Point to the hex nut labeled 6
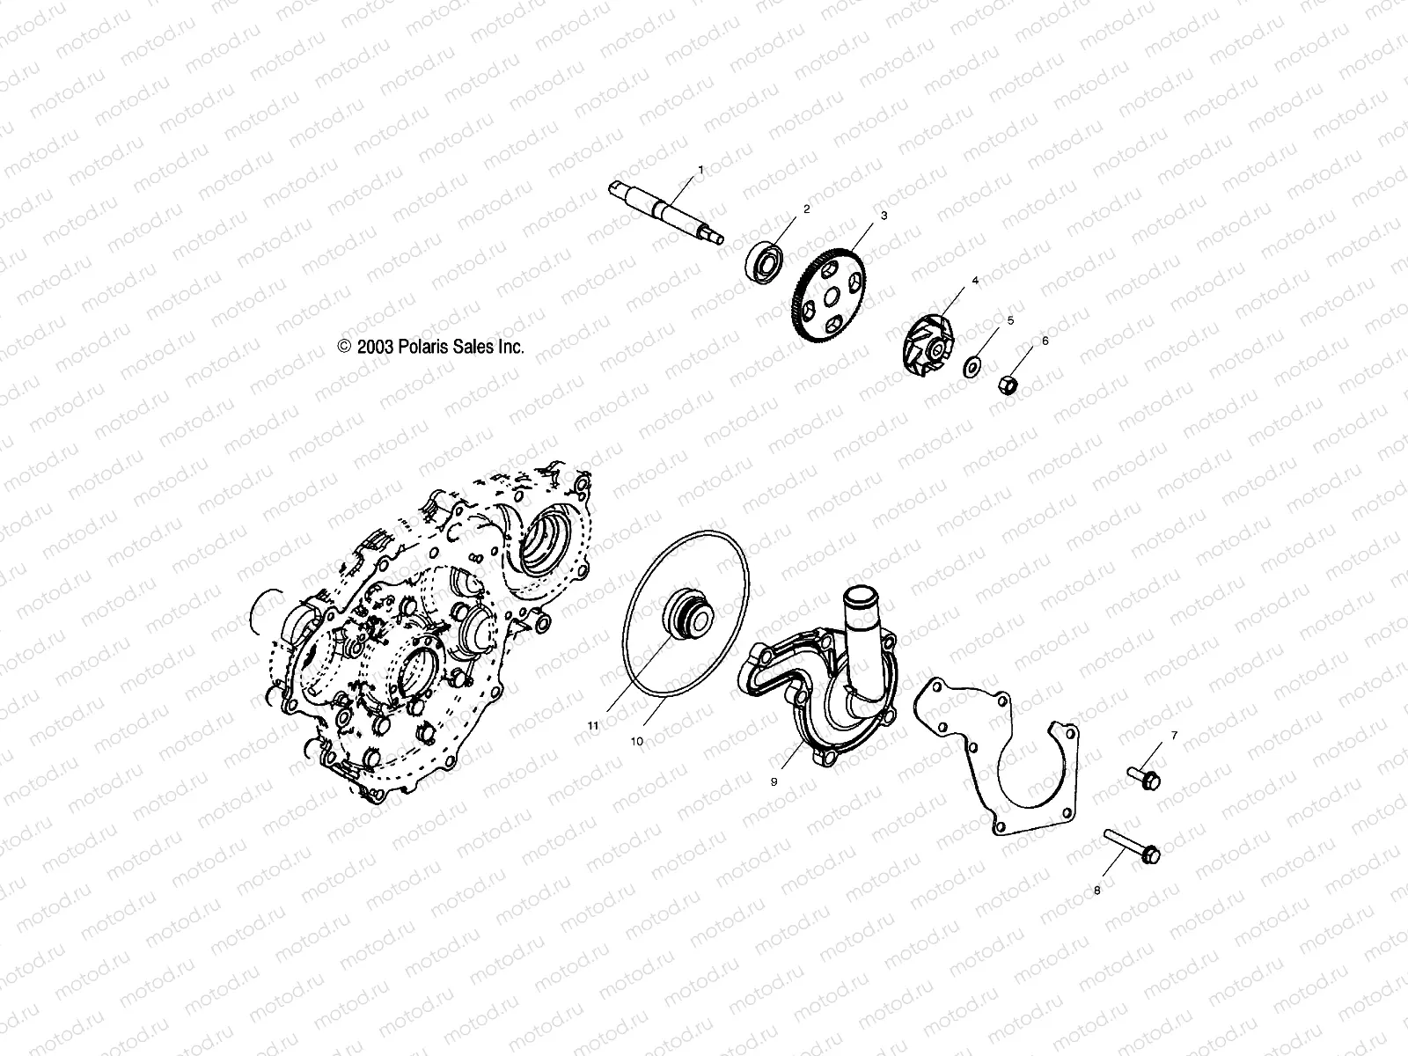coord(1009,384)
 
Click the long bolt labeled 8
coord(1130,851)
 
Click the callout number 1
coord(700,167)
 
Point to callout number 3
coord(858,215)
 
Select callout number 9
coord(774,780)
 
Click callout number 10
coord(637,741)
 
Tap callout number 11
coord(593,725)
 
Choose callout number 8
coord(1096,891)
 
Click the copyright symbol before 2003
coord(345,347)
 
